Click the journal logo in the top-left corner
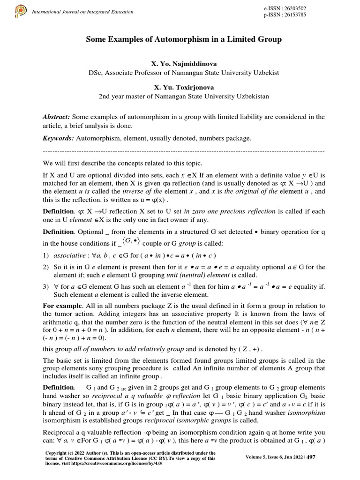[21, 11]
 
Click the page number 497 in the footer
[310, 457]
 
